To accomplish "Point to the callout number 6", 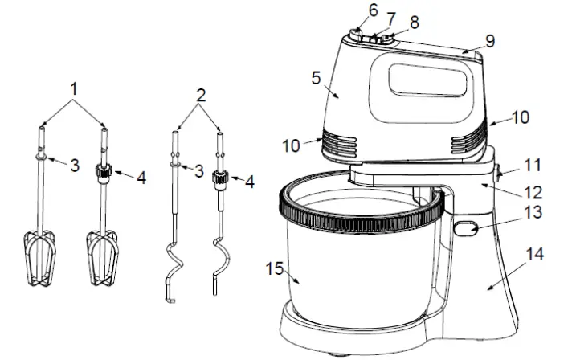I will [x=372, y=10].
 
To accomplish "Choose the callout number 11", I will [x=532, y=166].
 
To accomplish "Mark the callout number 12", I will [x=530, y=193].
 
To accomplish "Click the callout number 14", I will [x=534, y=256].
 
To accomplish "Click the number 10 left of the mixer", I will [x=291, y=148].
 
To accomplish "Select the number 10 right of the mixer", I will [x=521, y=117].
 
